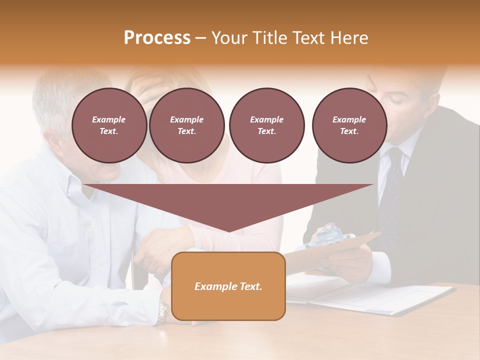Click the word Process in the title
click(157, 38)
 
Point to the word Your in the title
click(230, 38)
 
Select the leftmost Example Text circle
click(109, 125)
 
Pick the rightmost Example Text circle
click(349, 125)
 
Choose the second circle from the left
click(186, 125)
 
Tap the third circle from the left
click(266, 125)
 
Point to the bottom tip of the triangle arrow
click(228, 230)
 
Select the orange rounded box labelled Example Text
click(228, 286)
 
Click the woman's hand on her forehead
click(150, 90)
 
